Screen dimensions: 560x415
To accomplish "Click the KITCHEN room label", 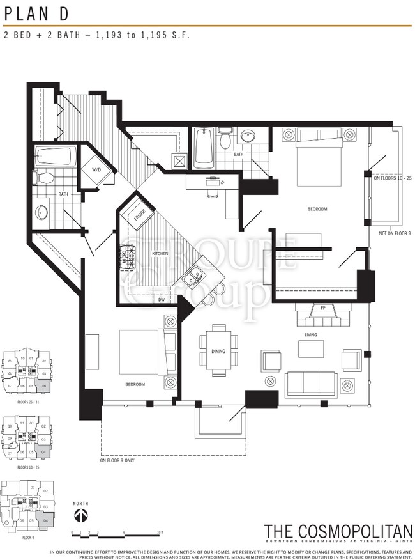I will (x=160, y=254).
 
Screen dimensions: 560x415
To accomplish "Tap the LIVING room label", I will (x=311, y=334).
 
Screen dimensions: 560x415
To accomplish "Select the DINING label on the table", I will (x=218, y=351).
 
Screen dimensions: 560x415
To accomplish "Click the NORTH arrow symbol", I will (x=80, y=515).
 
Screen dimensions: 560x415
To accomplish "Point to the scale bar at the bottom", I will (x=118, y=532).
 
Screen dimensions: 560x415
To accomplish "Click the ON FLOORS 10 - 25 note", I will (x=393, y=179).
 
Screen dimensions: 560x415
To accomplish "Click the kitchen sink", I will (x=192, y=277).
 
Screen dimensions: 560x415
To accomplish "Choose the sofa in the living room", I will (x=312, y=384).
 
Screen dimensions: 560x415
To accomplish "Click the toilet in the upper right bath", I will (x=224, y=139).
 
